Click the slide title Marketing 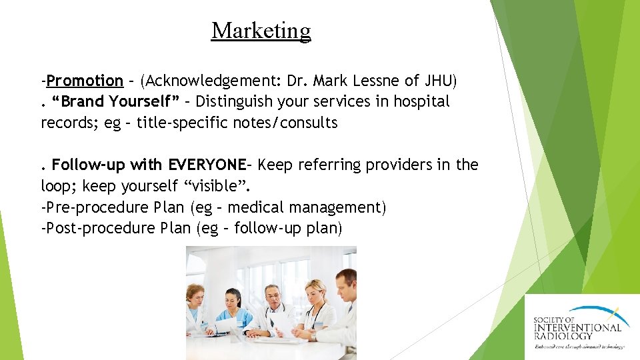pos(261,31)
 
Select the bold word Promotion pos(85,81)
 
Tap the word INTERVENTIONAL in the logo pos(577,327)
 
